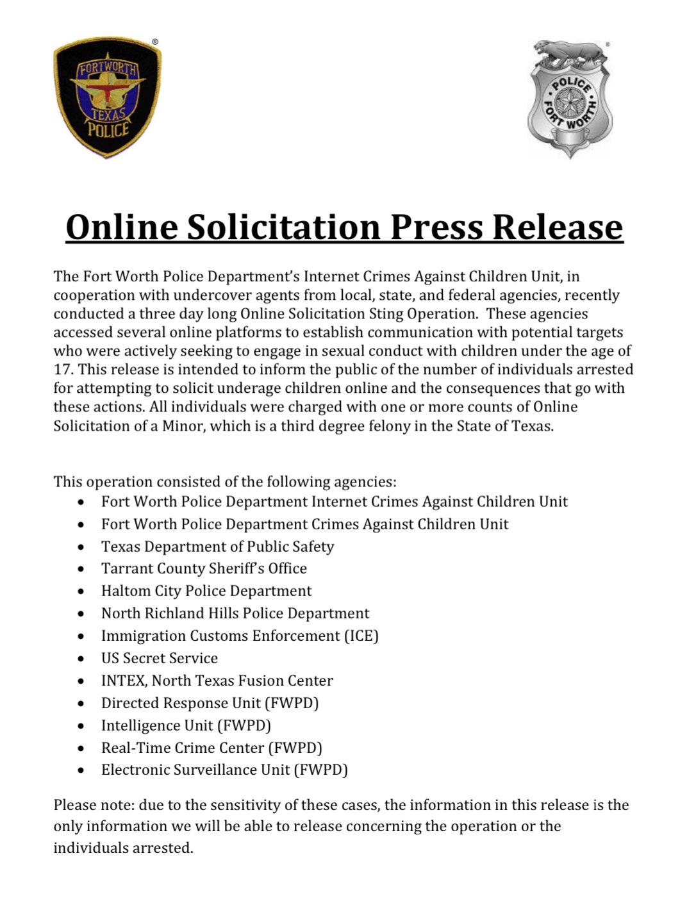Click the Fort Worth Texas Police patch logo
(x=106, y=97)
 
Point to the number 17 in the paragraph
(x=62, y=370)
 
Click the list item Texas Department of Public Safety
(x=217, y=547)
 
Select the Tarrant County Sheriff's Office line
(x=204, y=568)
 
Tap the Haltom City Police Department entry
(x=206, y=591)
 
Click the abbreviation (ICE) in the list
(x=361, y=636)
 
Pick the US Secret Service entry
(x=159, y=658)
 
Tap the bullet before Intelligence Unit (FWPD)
(x=81, y=726)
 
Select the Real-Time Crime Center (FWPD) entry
(x=211, y=748)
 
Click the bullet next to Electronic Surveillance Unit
(x=81, y=771)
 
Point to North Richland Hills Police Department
(x=235, y=613)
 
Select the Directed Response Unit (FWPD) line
(x=210, y=703)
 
